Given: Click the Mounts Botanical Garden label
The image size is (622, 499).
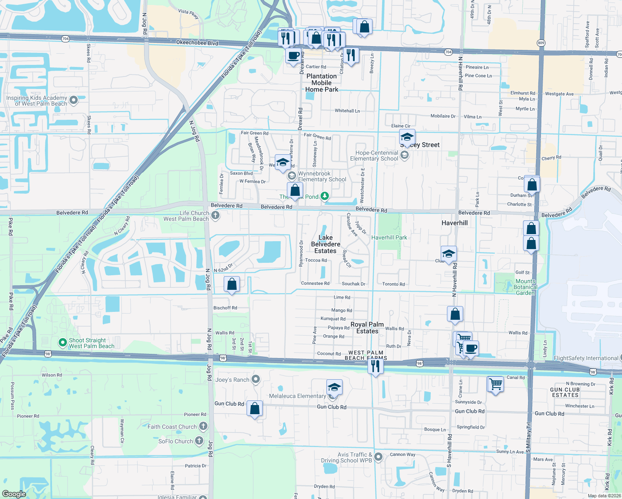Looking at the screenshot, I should click(525, 287).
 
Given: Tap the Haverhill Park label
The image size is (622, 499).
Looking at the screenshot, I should click(389, 237).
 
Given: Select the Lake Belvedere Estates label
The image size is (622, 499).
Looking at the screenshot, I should click(326, 244).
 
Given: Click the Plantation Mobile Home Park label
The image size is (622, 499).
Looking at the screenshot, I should click(321, 83).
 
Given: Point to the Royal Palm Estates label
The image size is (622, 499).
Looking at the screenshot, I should click(367, 328).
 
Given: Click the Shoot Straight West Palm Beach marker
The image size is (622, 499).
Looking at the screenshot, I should click(62, 343).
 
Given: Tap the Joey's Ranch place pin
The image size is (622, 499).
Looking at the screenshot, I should click(256, 379).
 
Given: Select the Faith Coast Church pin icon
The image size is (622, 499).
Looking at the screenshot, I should click(203, 426).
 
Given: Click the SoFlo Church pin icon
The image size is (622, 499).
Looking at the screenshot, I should click(200, 441).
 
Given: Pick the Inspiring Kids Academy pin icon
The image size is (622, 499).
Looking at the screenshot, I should click(74, 100).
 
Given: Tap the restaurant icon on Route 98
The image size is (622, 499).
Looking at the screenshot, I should click(375, 366).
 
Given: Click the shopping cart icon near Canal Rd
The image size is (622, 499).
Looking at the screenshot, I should click(495, 384).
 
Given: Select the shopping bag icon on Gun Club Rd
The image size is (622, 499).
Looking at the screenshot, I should click(255, 408).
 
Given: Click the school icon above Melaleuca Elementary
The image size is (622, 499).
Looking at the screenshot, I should click(334, 388).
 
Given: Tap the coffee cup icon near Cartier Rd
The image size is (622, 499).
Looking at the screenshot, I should click(294, 55).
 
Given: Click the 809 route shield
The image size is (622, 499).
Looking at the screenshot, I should click(541, 43).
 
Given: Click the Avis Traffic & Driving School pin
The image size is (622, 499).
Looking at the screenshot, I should click(378, 457).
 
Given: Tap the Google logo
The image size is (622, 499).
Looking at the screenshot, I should click(14, 494).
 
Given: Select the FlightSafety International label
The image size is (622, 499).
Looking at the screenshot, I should click(586, 358).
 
